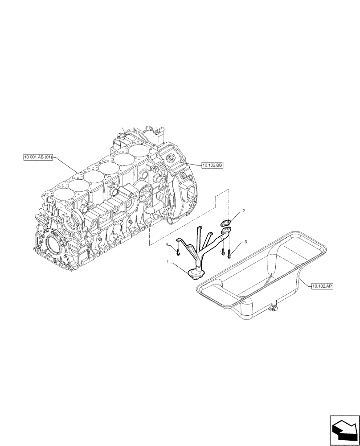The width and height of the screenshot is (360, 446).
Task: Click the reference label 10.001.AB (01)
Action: pos(38,157)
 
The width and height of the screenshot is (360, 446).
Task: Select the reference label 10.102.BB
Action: pos(212,165)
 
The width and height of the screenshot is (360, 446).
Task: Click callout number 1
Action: pos(168,263)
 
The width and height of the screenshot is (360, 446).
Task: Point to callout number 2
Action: pos(243,210)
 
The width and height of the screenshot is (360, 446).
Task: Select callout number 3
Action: pos(245,242)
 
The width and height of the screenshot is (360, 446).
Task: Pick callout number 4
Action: pos(168,245)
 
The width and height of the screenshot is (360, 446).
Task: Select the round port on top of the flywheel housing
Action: pos(171,159)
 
